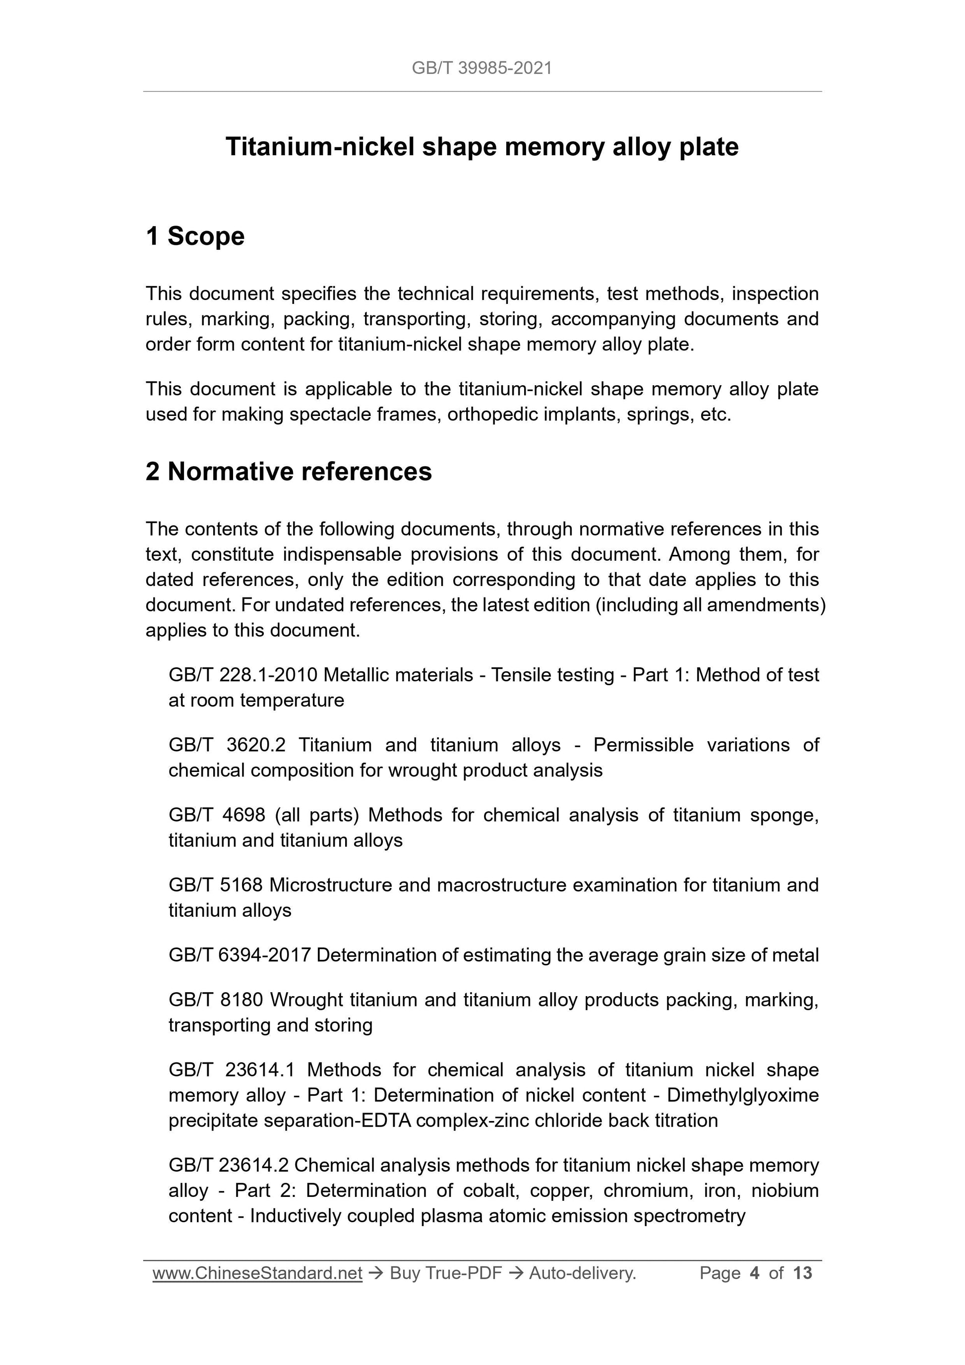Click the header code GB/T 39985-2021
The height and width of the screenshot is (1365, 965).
point(482,68)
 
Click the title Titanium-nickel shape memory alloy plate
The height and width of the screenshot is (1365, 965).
point(482,147)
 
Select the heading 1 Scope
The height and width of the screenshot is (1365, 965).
point(195,236)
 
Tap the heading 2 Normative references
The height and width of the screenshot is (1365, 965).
point(289,472)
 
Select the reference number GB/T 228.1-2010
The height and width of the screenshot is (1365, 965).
point(243,675)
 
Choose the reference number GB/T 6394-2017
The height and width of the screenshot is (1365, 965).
point(240,955)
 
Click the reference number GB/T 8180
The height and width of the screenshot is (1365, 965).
point(215,1000)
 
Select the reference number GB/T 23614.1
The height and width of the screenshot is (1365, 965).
point(232,1070)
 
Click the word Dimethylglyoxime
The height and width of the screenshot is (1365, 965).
point(743,1095)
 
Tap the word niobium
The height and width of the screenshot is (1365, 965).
point(785,1191)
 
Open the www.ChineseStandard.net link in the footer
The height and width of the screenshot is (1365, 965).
point(257,1273)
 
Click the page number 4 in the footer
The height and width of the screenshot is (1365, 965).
point(755,1273)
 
